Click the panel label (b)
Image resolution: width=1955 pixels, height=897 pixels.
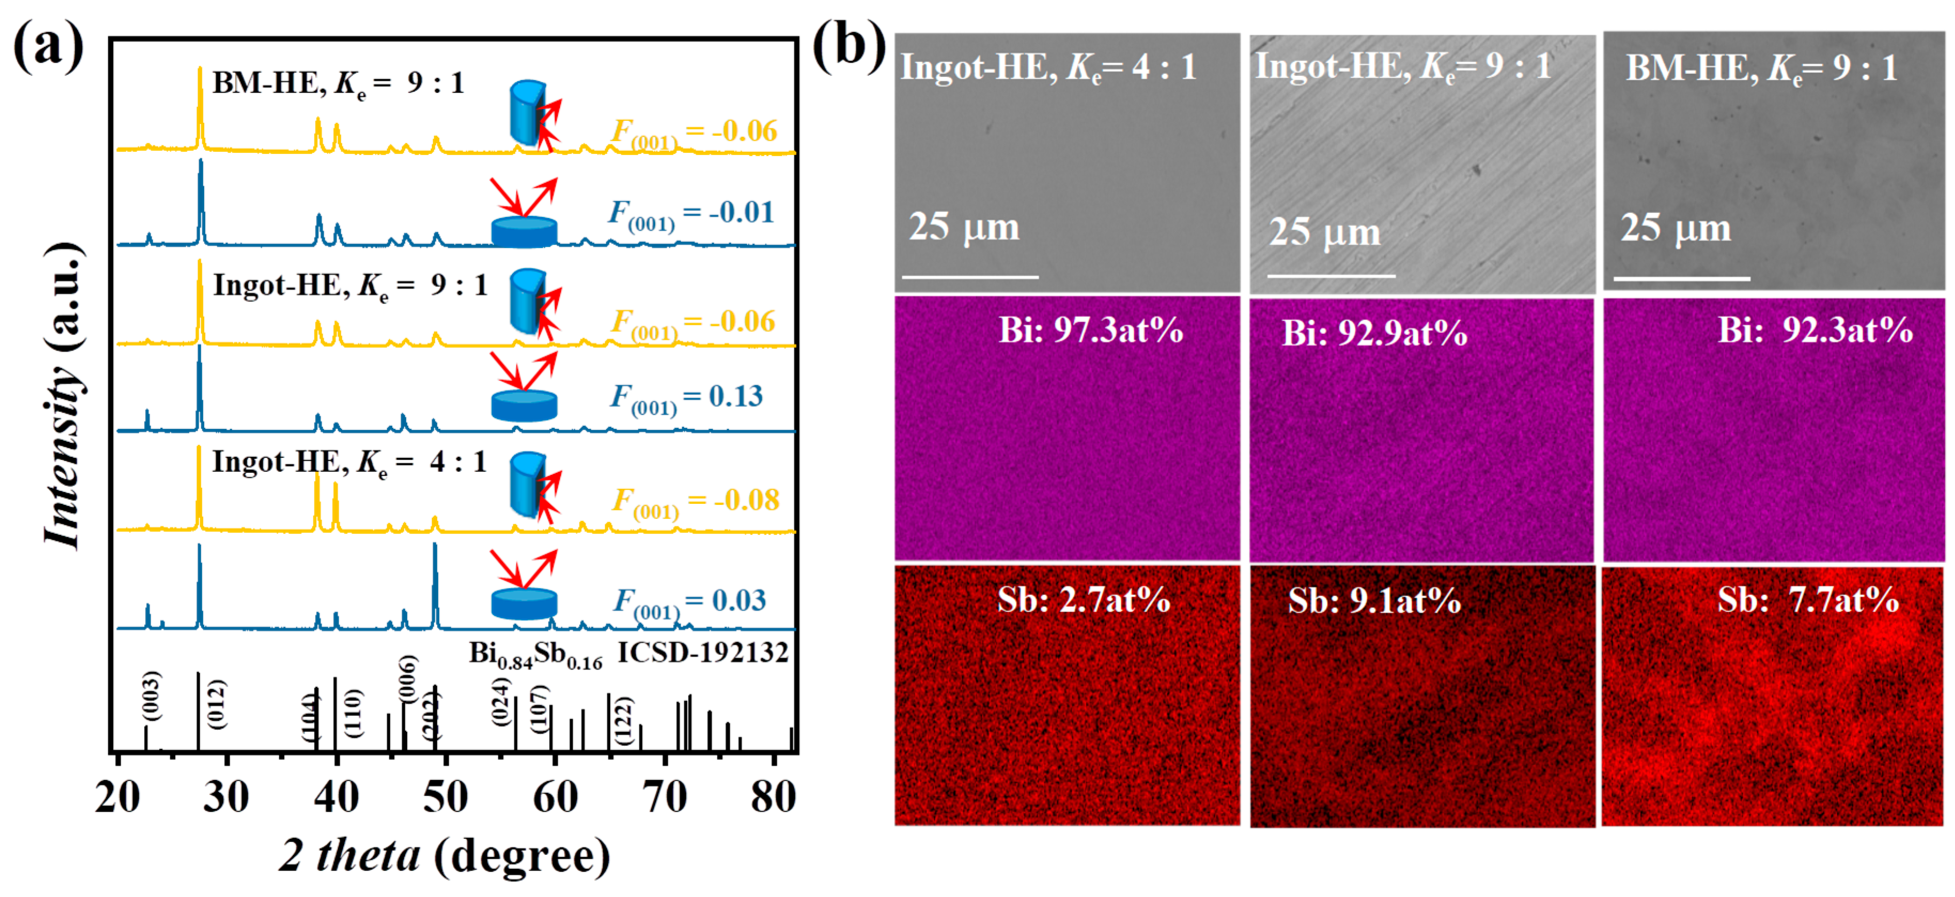click(x=848, y=45)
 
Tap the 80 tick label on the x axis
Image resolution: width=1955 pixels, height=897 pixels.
click(x=773, y=797)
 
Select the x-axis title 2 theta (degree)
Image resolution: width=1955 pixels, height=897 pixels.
click(x=445, y=855)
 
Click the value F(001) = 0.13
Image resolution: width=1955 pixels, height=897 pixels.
click(x=687, y=397)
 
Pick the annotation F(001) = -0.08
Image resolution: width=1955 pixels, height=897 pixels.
click(x=695, y=502)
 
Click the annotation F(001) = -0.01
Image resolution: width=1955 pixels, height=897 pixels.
click(x=691, y=213)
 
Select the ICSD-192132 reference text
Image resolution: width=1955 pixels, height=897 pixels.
click(x=703, y=652)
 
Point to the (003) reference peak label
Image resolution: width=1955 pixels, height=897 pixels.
click(x=152, y=695)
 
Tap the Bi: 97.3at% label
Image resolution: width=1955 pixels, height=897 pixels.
click(x=1091, y=330)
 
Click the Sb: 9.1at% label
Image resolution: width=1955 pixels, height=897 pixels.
click(x=1374, y=601)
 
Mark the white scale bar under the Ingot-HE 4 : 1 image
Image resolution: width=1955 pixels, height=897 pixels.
click(x=970, y=277)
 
